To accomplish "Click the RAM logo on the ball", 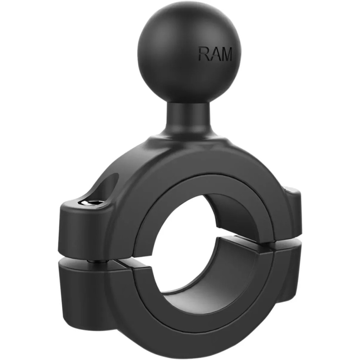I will pos(215,54).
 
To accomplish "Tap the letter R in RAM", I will pos(204,54).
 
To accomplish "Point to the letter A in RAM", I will pos(214,54).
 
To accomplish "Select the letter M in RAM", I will pos(226,54).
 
